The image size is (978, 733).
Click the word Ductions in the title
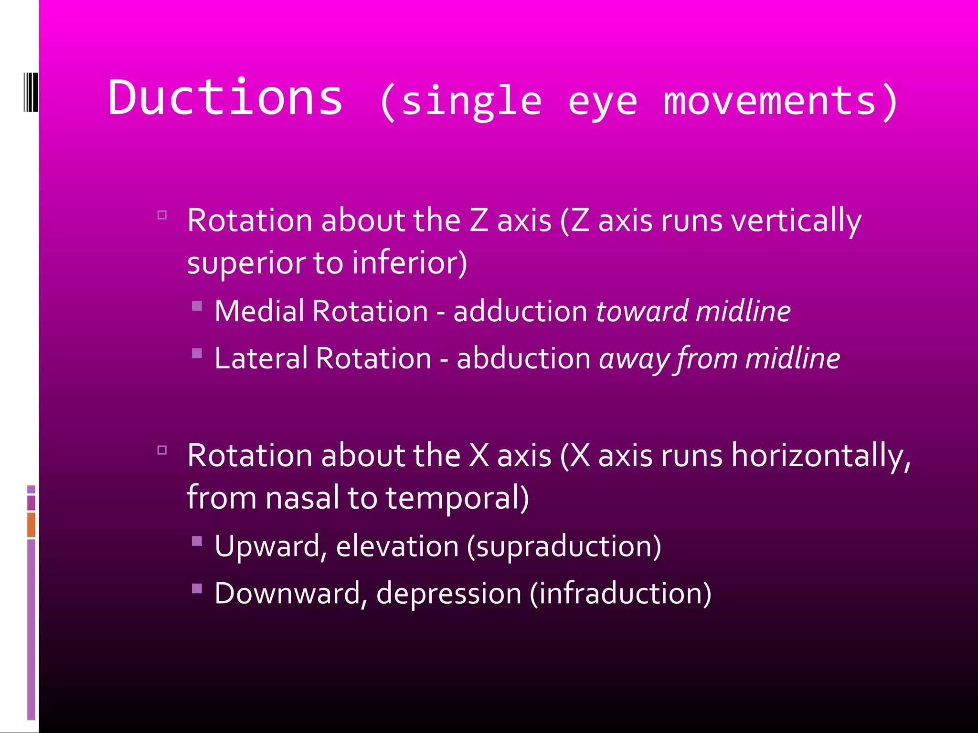[225, 98]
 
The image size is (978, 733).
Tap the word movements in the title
[770, 101]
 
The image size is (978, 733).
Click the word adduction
[520, 312]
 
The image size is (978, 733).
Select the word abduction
[523, 358]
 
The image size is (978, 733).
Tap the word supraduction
[564, 546]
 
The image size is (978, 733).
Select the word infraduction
[620, 594]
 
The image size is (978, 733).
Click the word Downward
[287, 594]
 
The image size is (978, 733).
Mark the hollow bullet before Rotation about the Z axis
[162, 215]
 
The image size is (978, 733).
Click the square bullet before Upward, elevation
[197, 541]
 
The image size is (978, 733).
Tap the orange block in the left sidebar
[31, 524]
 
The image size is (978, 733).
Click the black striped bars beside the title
[31, 92]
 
